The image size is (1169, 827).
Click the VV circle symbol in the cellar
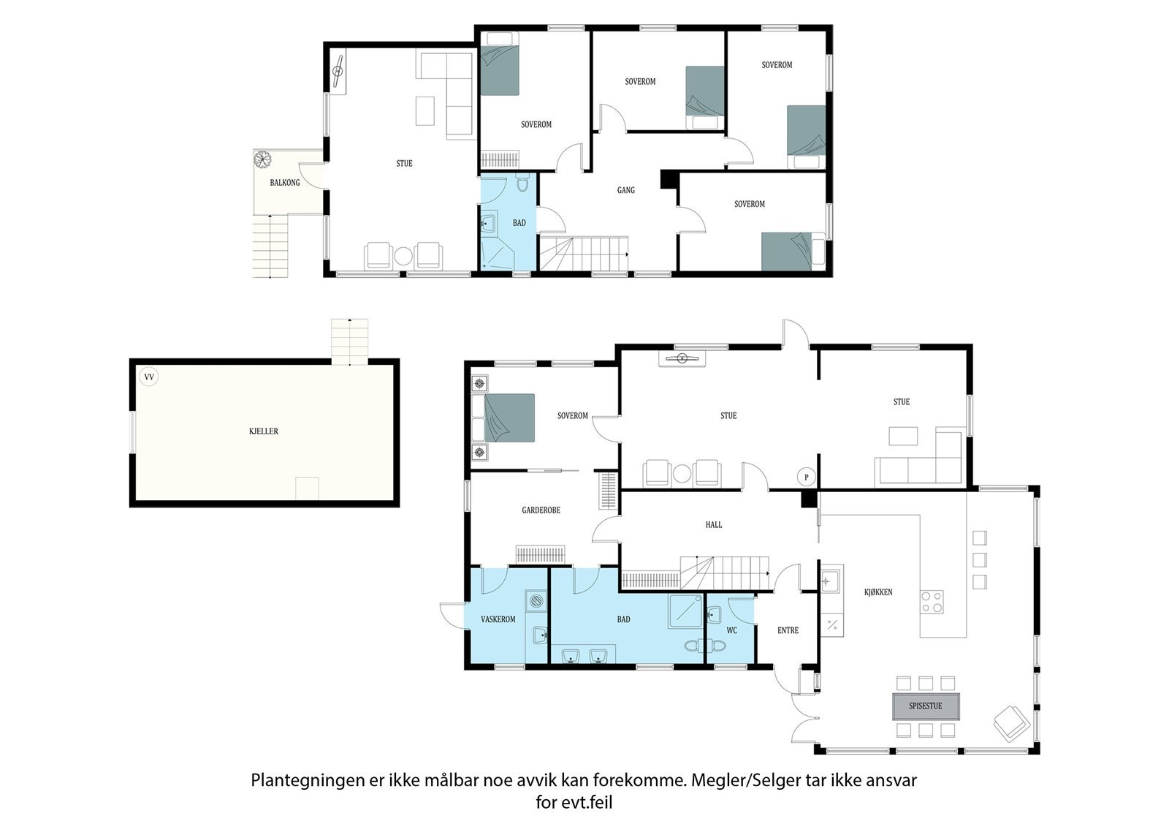click(x=149, y=377)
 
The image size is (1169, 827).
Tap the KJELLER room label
click(x=264, y=431)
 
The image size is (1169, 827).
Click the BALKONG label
click(x=284, y=182)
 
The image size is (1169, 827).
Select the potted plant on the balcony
click(x=262, y=159)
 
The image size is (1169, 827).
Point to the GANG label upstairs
click(x=625, y=190)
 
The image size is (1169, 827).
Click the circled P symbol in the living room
click(x=807, y=477)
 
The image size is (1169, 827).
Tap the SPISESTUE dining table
click(x=925, y=706)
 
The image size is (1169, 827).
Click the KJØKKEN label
click(x=878, y=592)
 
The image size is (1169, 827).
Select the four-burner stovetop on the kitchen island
click(x=932, y=601)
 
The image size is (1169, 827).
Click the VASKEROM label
click(x=498, y=619)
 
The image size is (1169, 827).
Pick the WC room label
click(x=731, y=630)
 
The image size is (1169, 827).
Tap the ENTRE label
click(x=788, y=630)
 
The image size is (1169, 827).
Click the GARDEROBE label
click(x=541, y=510)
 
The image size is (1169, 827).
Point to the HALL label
click(x=713, y=524)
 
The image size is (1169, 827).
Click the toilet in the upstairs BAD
click(x=522, y=183)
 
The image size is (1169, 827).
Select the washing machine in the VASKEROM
click(x=536, y=601)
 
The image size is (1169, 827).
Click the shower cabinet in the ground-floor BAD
click(x=686, y=611)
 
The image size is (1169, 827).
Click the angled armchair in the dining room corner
click(x=1012, y=724)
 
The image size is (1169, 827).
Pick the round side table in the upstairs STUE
click(x=403, y=256)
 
